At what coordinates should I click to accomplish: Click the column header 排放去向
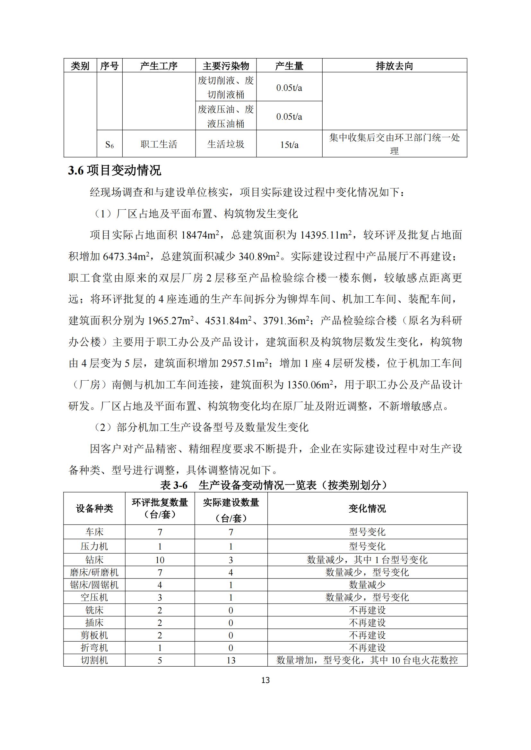[x=394, y=66]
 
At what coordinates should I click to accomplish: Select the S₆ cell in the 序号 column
[x=109, y=144]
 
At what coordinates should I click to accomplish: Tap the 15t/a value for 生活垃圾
[x=289, y=145]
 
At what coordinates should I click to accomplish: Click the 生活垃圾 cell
[x=226, y=144]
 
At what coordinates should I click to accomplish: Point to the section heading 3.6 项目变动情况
[x=115, y=171]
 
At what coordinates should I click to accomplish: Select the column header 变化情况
[x=367, y=509]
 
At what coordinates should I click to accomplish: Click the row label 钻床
[x=94, y=560]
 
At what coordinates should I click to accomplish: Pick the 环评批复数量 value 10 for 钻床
[x=160, y=560]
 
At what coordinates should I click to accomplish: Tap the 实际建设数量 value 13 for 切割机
[x=231, y=661]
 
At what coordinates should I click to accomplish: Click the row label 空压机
[x=94, y=597]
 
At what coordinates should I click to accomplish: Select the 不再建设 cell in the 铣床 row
[x=367, y=610]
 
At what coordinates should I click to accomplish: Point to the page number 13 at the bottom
[x=265, y=680]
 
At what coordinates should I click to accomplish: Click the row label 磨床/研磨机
[x=94, y=572]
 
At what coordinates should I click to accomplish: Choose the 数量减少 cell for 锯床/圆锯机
[x=367, y=585]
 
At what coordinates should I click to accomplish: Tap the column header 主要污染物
[x=226, y=66]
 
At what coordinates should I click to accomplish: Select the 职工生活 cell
[x=159, y=144]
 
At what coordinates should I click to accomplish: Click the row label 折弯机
[x=94, y=648]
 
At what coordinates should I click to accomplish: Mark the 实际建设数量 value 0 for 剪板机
[x=231, y=635]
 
